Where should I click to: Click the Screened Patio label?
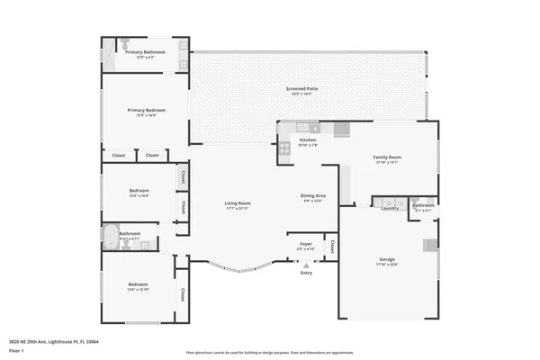click(x=300, y=89)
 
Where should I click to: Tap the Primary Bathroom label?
click(x=145, y=52)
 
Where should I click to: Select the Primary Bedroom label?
click(x=145, y=110)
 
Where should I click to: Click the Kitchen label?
click(x=308, y=139)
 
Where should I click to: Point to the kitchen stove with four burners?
click(x=283, y=148)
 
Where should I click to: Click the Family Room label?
click(x=387, y=157)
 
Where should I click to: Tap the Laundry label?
click(x=390, y=208)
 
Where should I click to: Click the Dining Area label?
click(x=312, y=195)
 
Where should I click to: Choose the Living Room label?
click(x=238, y=203)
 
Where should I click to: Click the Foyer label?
click(x=306, y=244)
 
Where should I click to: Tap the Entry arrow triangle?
click(x=307, y=265)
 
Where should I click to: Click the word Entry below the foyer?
click(x=307, y=274)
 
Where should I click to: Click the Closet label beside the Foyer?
click(x=332, y=244)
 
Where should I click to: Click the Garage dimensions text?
click(x=387, y=265)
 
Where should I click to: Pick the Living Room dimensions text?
click(x=238, y=208)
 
